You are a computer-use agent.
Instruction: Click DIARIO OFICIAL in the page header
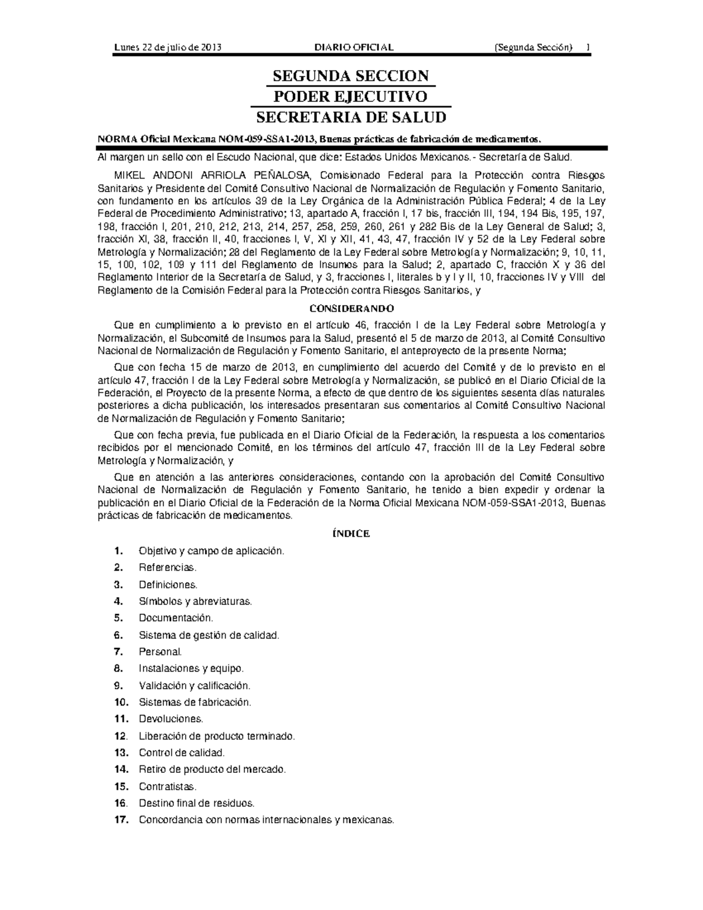354,47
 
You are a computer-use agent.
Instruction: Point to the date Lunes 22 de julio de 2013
168,47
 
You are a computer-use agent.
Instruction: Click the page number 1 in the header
587,47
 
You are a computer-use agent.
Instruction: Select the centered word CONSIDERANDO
351,308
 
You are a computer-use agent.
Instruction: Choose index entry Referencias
168,568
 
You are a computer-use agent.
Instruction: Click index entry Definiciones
168,585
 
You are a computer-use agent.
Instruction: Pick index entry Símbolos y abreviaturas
195,601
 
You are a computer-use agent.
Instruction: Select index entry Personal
161,652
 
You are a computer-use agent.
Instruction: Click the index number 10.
121,702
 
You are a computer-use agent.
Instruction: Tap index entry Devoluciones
171,719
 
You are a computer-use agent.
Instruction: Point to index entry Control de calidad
182,753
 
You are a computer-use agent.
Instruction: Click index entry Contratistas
168,786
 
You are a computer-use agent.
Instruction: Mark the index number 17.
121,820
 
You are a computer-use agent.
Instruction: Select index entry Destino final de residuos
196,803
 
